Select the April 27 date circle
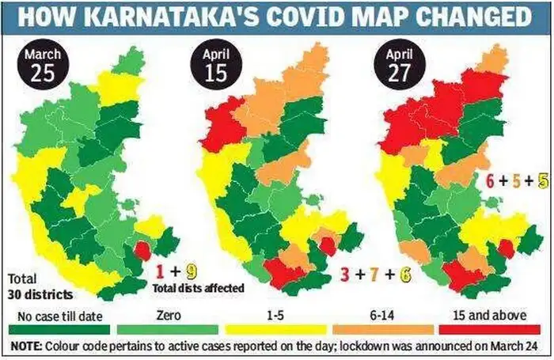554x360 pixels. [x=400, y=67]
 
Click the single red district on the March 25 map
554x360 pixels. [x=143, y=250]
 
